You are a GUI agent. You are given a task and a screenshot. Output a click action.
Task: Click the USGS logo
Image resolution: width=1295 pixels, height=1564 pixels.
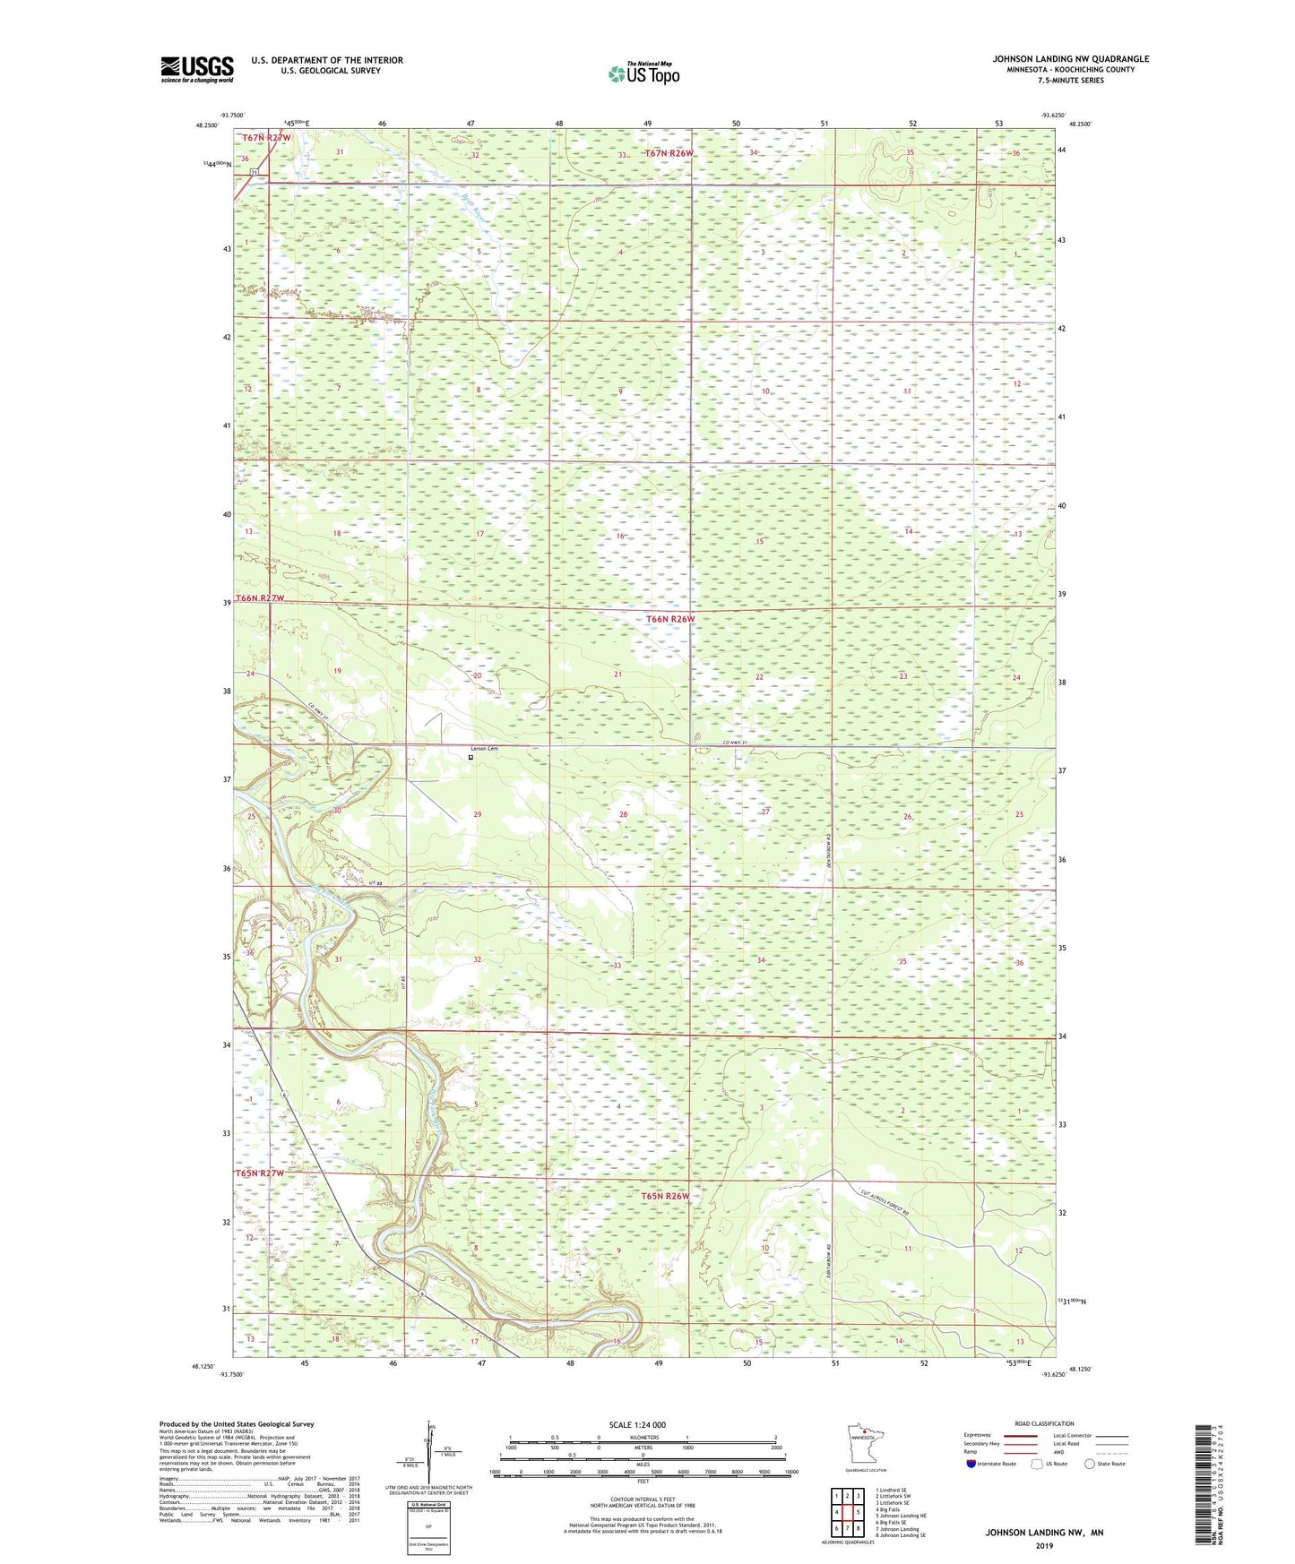(196, 68)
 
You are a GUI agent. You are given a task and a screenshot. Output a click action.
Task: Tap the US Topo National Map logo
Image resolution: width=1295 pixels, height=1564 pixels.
(643, 73)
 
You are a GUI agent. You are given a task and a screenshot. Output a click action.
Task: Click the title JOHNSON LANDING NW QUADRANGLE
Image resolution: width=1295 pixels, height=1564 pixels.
(1070, 59)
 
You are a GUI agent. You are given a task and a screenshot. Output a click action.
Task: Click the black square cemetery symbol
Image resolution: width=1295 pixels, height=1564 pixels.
(471, 757)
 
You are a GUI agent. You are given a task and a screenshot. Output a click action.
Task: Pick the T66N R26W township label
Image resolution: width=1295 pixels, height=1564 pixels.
(670, 619)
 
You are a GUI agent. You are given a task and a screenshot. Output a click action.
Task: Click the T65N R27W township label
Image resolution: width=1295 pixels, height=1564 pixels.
(260, 1173)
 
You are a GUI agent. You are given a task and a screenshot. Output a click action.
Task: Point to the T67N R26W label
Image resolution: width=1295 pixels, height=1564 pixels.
(669, 153)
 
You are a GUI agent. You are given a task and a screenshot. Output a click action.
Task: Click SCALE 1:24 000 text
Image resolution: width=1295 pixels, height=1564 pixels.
(637, 1424)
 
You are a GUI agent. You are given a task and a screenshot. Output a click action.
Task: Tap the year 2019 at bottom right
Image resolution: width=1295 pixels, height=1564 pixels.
(1044, 1545)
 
